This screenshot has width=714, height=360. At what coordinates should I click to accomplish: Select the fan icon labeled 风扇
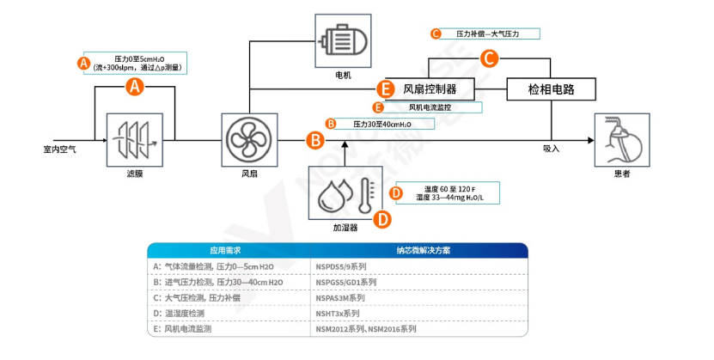tap(248, 138)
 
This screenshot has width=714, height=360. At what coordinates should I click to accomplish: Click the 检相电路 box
tap(551, 88)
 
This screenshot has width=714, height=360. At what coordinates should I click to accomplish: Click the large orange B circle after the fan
tap(315, 138)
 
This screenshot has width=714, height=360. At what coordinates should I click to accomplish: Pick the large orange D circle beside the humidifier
tap(381, 218)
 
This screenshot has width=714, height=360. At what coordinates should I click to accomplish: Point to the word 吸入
tap(551, 149)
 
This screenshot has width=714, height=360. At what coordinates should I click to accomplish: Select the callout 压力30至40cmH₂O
tap(382, 124)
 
